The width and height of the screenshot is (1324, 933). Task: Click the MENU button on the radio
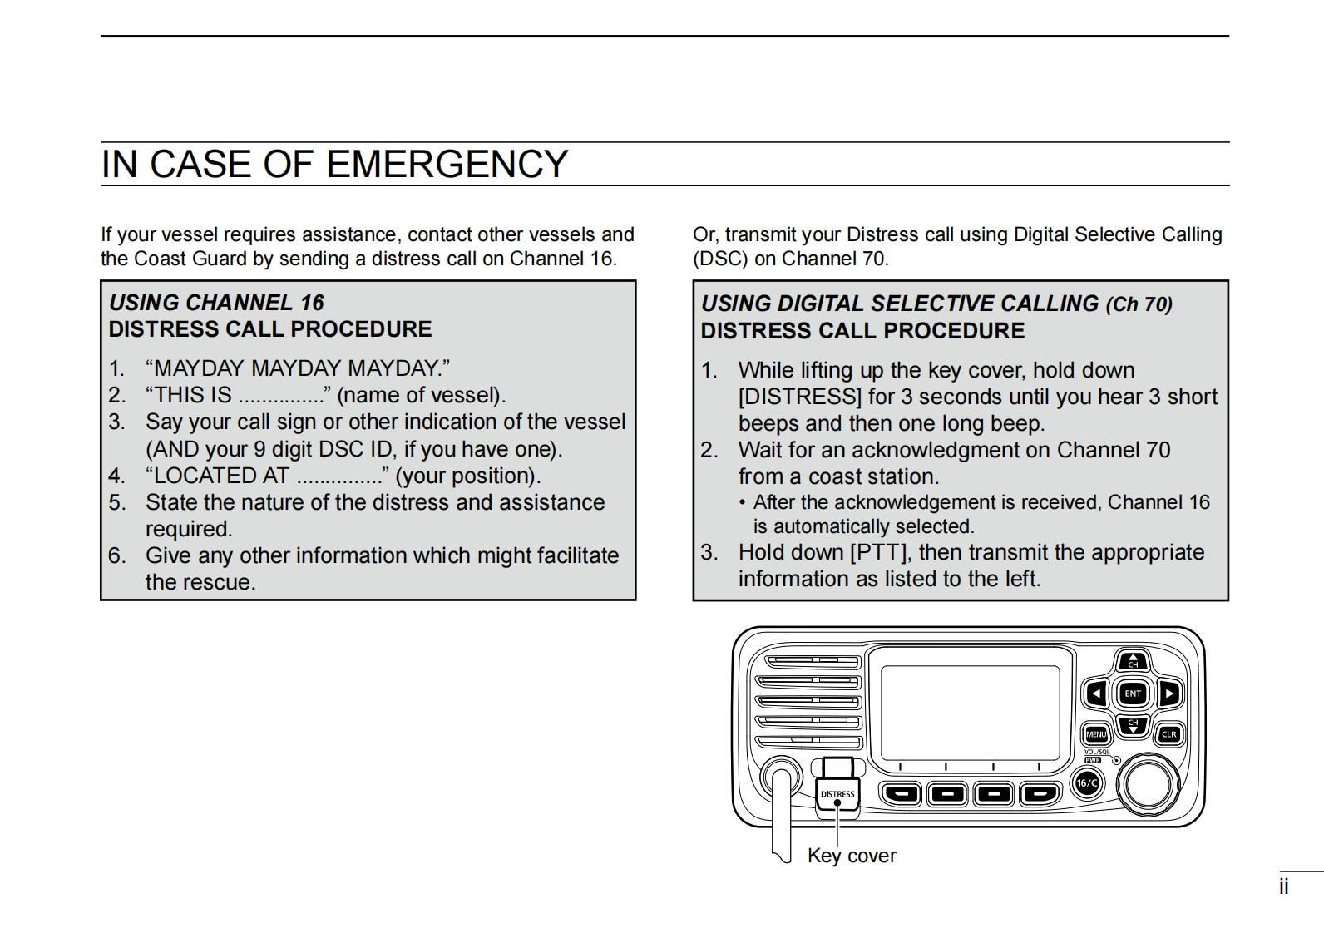click(x=1096, y=734)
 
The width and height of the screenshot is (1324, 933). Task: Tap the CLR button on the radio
click(x=1168, y=734)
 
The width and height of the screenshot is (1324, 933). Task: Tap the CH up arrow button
click(x=1133, y=662)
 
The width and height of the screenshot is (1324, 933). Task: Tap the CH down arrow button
click(x=1133, y=725)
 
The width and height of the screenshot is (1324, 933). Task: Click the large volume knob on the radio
click(x=1149, y=782)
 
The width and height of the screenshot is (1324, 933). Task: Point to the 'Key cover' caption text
click(x=852, y=856)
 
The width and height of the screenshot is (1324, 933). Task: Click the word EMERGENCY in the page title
click(x=447, y=165)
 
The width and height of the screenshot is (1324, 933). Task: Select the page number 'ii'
click(x=1284, y=887)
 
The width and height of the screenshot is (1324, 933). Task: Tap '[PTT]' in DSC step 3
click(x=880, y=553)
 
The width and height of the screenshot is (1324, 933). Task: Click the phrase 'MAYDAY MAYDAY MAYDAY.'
click(x=298, y=368)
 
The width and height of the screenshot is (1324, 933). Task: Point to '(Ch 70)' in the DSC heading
click(x=1139, y=304)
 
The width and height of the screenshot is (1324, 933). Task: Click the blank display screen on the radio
click(x=970, y=712)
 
